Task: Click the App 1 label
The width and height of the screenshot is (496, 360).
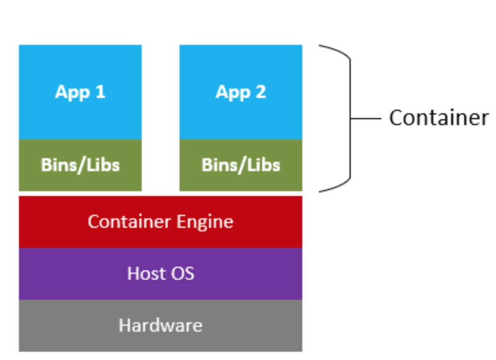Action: [80, 92]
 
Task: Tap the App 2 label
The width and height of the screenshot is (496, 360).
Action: [240, 92]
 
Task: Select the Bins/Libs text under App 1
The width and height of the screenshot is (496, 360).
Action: [80, 165]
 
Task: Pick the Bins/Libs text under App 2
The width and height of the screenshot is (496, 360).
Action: [240, 165]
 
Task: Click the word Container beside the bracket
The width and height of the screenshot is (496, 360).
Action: [439, 118]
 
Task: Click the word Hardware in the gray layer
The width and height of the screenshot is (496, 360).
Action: [160, 325]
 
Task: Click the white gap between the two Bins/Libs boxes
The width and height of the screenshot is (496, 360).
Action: [161, 165]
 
